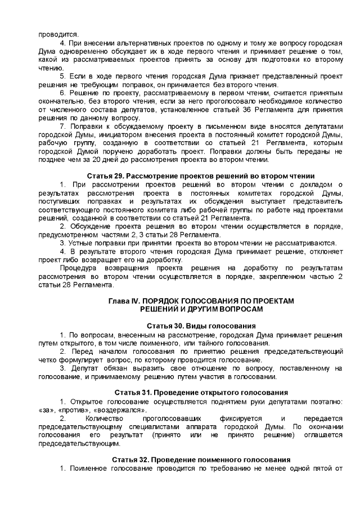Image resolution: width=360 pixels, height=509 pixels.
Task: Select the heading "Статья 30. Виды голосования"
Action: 201,326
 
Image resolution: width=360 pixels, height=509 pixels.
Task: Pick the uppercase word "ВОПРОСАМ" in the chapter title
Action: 236,309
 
